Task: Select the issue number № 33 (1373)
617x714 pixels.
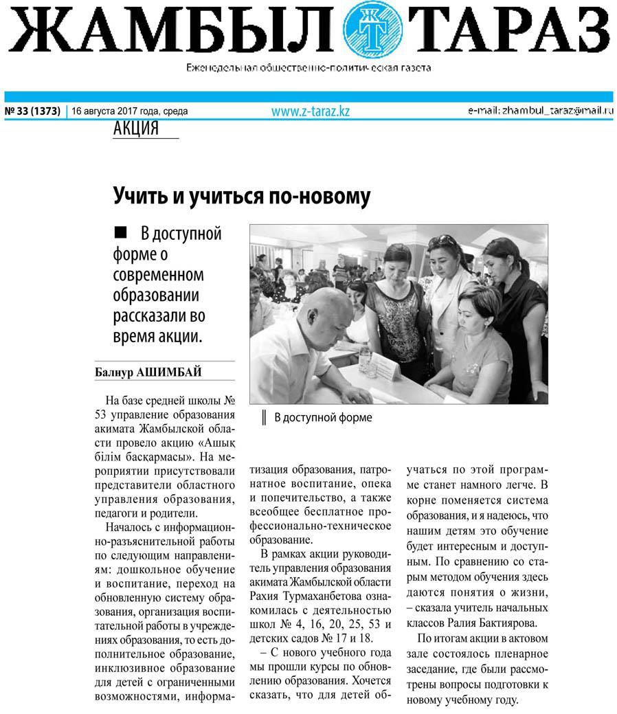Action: (32, 111)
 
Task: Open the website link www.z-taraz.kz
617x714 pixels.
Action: (310, 111)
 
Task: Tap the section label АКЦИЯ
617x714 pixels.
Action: (135, 129)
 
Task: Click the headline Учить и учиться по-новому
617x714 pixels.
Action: (241, 197)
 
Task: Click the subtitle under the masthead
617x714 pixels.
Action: (308, 68)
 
